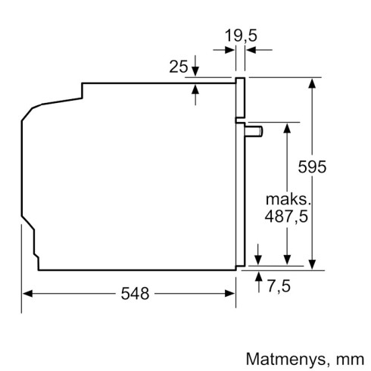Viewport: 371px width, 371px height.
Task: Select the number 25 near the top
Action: [178, 67]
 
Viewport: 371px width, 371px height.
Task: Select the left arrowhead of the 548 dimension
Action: [27, 291]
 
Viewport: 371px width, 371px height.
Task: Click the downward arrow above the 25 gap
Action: [196, 70]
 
